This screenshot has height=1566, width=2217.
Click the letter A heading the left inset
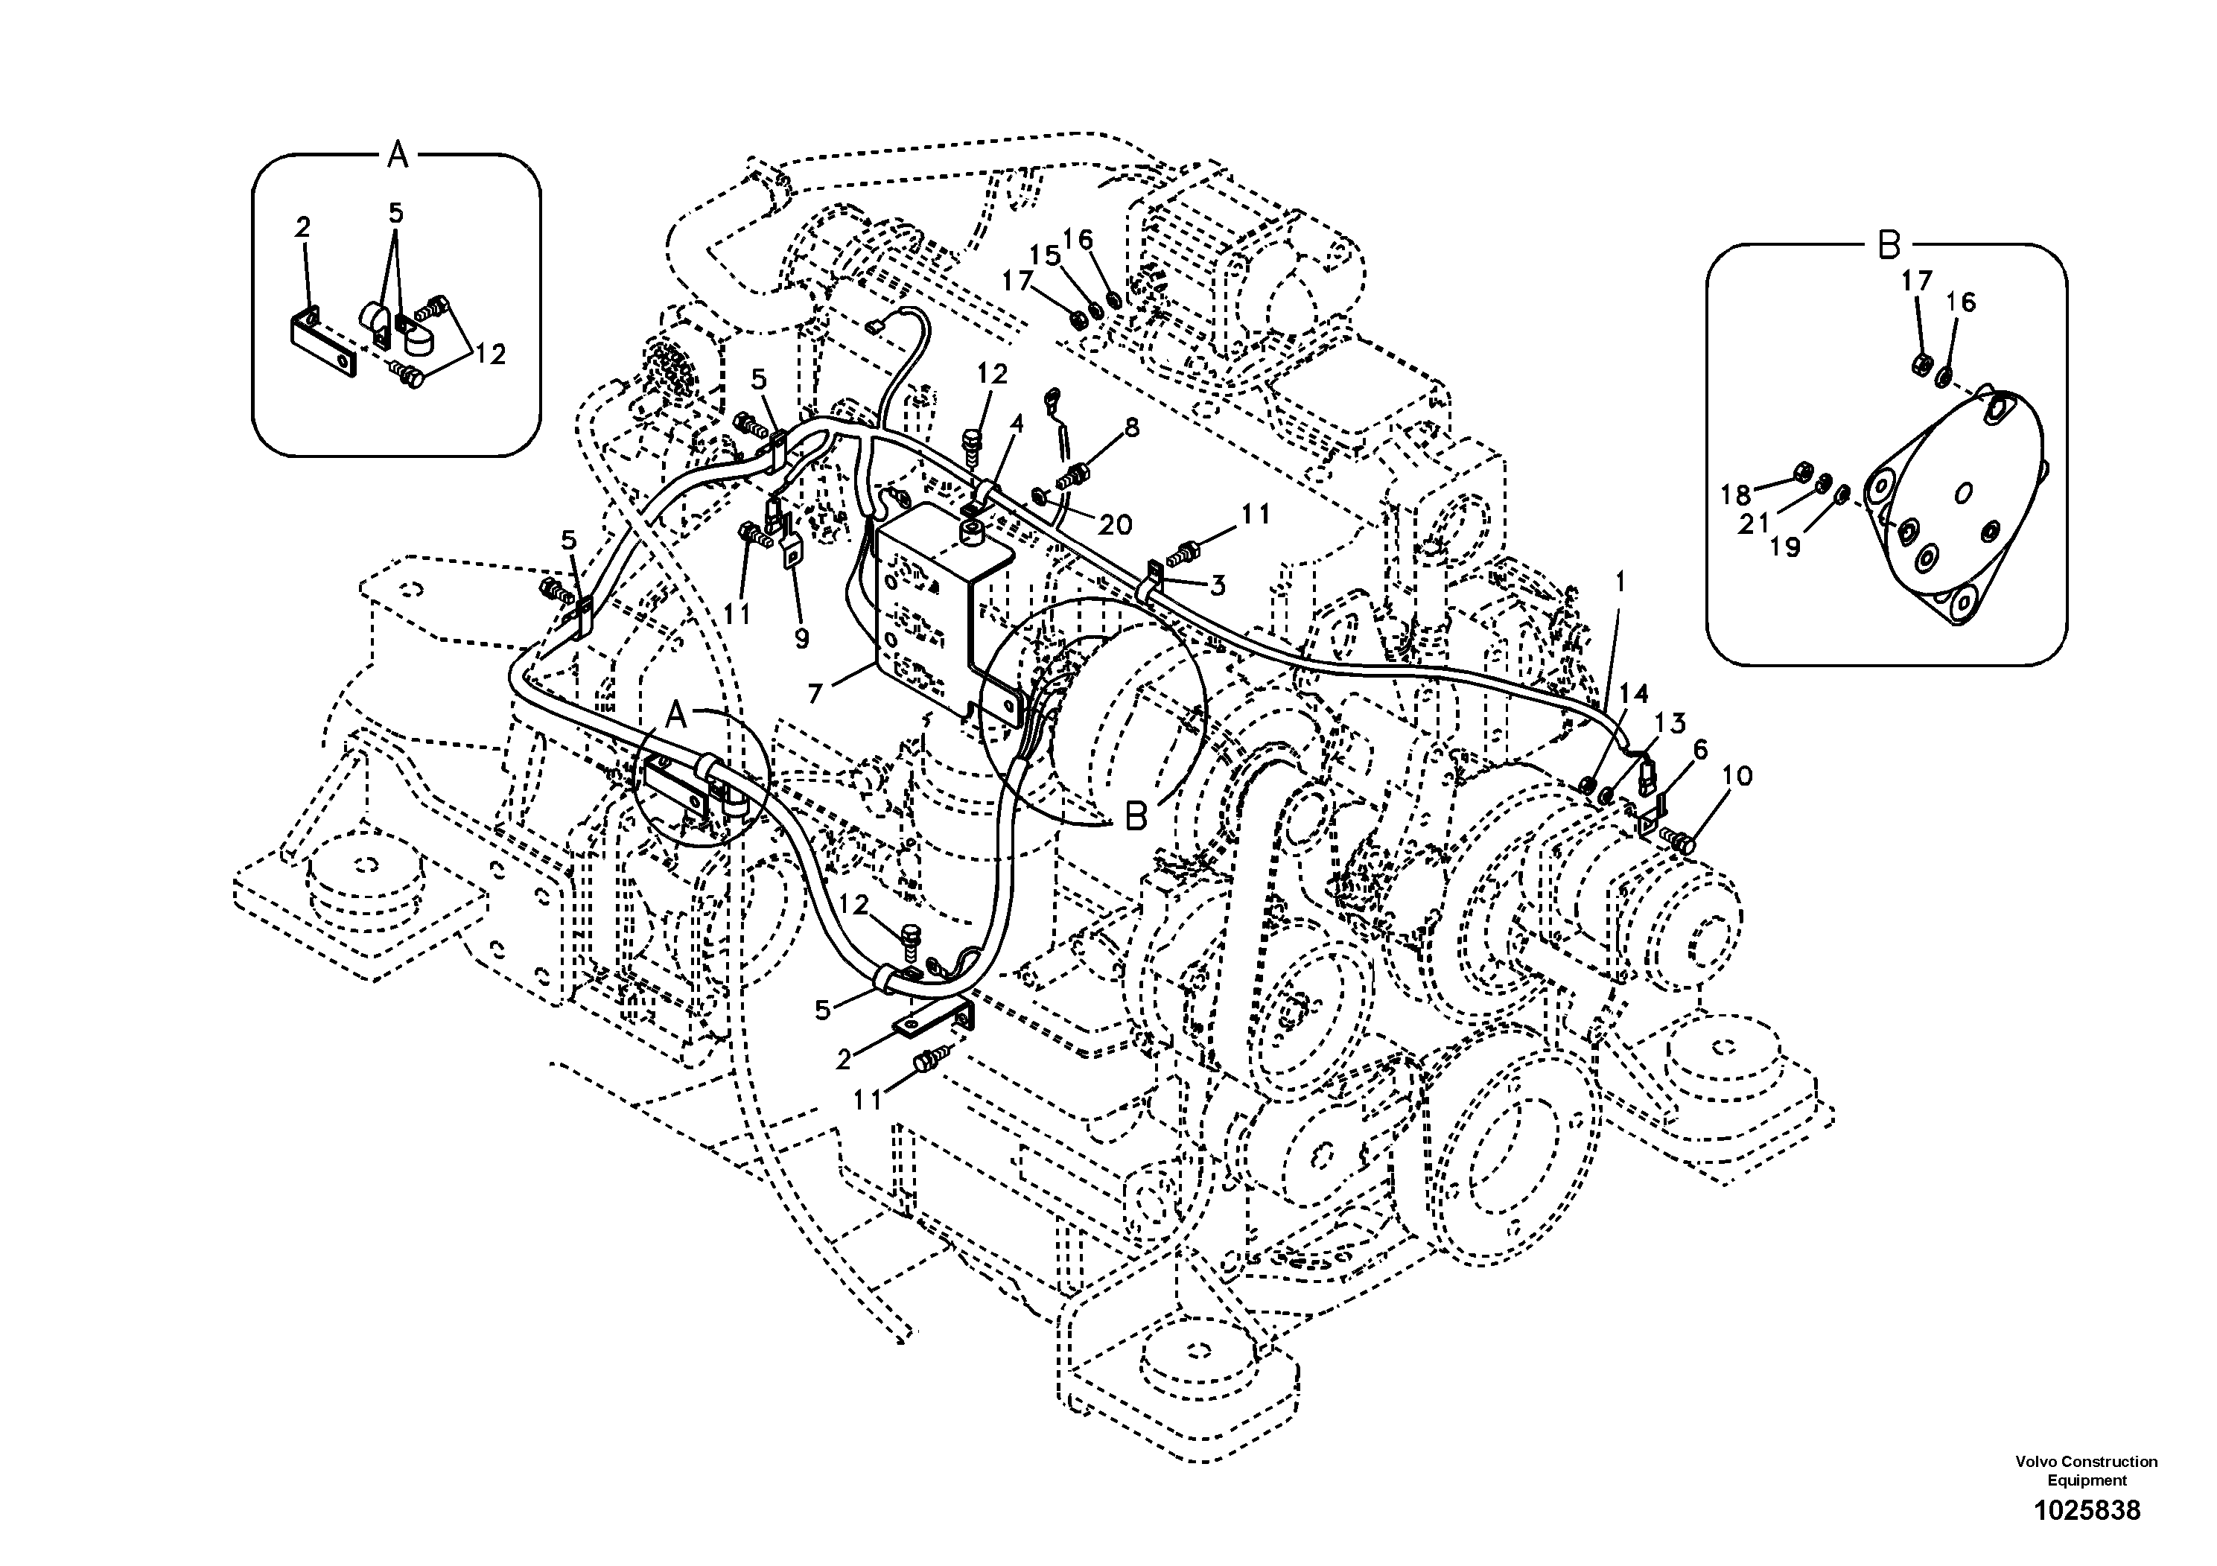point(398,153)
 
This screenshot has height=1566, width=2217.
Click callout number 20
point(1116,525)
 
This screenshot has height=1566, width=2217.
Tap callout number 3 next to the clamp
point(1218,585)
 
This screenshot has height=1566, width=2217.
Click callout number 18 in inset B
point(1735,495)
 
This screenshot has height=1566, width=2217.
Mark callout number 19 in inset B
point(1784,547)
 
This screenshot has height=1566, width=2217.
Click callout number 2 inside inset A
point(303,228)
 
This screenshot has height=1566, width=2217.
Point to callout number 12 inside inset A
point(491,354)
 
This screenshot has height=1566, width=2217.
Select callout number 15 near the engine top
point(1045,256)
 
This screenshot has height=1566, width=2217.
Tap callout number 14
point(1634,694)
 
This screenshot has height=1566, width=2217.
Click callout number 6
point(1699,750)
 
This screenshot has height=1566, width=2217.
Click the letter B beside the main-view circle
point(1136,817)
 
